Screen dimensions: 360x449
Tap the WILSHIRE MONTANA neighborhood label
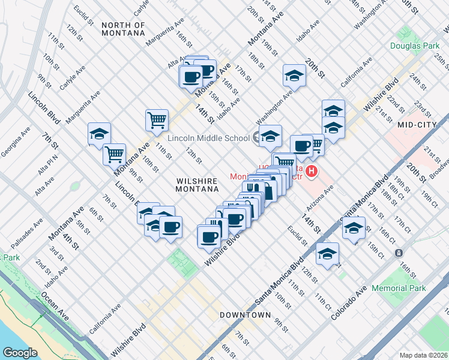197,184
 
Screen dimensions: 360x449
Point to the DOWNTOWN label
245,315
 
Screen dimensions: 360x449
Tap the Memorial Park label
399,288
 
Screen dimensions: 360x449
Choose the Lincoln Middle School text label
208,138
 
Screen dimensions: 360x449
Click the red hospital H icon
311,172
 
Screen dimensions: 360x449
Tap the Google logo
20,352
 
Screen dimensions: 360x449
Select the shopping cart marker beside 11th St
157,119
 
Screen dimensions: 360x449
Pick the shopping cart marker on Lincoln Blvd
114,154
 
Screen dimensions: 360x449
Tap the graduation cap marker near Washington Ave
294,74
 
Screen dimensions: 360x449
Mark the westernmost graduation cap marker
100,133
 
